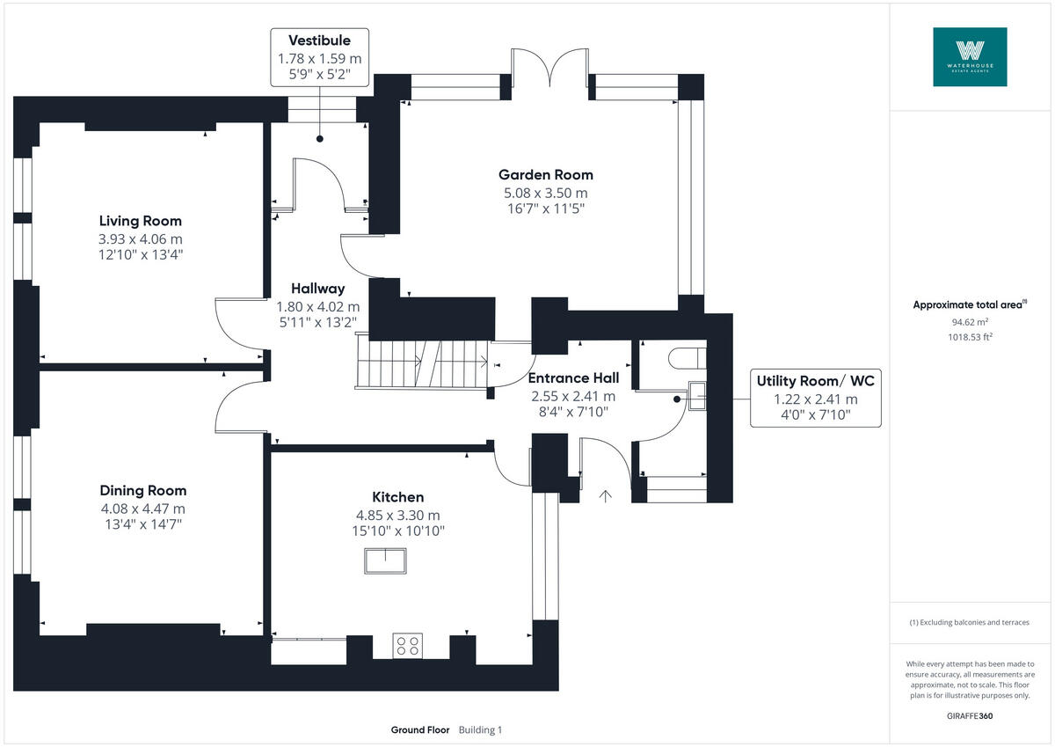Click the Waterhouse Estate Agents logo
[x=970, y=56]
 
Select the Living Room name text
[x=141, y=221]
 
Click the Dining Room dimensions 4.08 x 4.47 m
[x=142, y=509]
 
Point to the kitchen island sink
[x=385, y=560]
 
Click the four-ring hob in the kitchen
[x=407, y=646]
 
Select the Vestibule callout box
[x=319, y=57]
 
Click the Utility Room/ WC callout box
[x=815, y=399]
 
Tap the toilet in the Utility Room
[x=687, y=356]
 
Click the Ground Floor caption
[x=420, y=729]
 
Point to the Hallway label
[x=317, y=288]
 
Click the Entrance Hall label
[x=573, y=377]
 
